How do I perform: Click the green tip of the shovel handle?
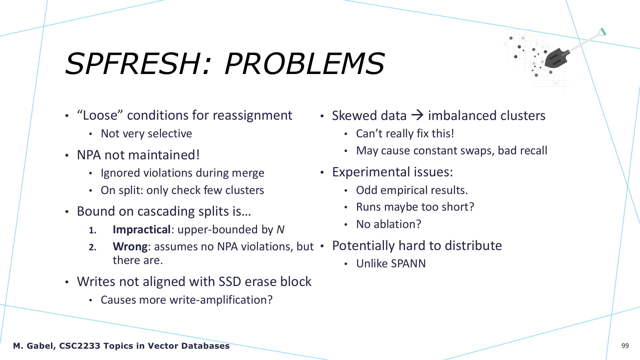tap(603, 32)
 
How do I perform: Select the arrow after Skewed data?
tap(417, 115)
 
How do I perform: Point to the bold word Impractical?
tap(142, 230)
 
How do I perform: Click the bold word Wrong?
tap(130, 247)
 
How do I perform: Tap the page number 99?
tap(625, 346)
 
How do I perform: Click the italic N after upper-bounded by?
tap(280, 230)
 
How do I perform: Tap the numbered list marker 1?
tap(93, 230)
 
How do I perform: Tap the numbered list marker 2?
tap(93, 247)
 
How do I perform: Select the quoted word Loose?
tap(100, 115)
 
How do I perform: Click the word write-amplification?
tap(221, 300)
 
